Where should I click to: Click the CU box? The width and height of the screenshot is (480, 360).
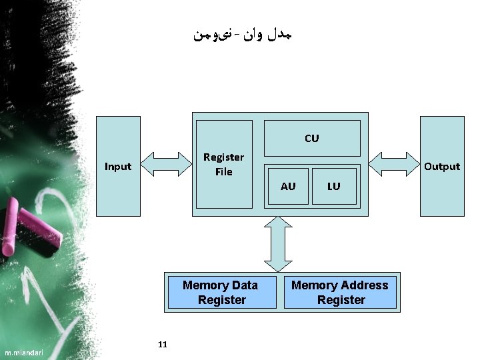click(312, 138)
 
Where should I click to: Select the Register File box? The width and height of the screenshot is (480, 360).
click(223, 164)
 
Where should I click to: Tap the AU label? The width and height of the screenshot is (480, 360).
click(288, 186)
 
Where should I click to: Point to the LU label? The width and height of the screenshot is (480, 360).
click(333, 186)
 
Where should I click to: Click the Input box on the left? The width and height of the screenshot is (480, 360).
click(119, 166)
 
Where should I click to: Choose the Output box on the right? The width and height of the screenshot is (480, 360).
click(441, 166)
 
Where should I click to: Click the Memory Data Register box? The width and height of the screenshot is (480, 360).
click(221, 293)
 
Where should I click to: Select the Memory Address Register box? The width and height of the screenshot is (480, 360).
click(340, 293)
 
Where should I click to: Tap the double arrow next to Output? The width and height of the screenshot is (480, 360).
click(393, 163)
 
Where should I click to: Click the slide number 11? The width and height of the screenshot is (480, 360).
click(163, 344)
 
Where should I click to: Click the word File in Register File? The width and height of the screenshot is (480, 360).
click(223, 172)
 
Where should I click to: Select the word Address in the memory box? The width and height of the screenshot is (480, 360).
click(363, 285)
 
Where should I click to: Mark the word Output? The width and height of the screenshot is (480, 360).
click(441, 166)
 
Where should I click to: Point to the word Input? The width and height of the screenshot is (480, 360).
click(119, 166)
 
